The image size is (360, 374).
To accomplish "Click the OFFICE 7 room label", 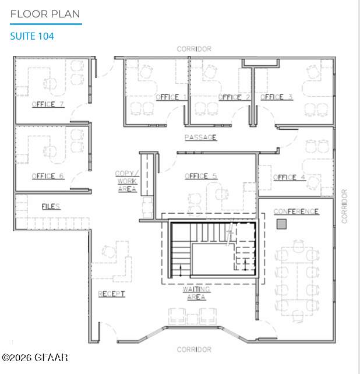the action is point(48,104).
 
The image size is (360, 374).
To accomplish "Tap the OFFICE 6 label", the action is point(48,176).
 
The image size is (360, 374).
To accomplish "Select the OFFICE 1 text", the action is point(171,97).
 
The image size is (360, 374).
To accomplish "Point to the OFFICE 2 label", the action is point(234,97).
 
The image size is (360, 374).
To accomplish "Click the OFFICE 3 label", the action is point(277,97).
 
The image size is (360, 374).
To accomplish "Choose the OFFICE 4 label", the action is point(290,177).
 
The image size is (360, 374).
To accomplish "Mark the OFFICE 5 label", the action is point(201,176).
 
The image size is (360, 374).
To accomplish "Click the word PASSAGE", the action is point(200,137).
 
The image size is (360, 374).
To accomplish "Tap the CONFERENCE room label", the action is point(297,211).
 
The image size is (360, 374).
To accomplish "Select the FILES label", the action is point(51,207).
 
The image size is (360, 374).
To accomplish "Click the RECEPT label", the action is point(111,294).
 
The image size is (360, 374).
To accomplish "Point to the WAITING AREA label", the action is point(196,293).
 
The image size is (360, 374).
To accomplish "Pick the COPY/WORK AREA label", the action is point(127,181).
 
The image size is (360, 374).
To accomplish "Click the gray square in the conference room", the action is point(281,224).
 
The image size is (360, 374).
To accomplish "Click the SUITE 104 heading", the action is point(32,36).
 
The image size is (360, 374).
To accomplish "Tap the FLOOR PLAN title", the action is point(45,14).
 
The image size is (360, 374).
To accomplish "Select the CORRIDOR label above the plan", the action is point(194,49).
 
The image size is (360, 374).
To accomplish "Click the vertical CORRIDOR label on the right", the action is point(344,206).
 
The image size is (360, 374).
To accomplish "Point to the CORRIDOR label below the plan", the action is point(194,350).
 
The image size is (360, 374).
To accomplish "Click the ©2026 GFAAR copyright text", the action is point(35,358).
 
